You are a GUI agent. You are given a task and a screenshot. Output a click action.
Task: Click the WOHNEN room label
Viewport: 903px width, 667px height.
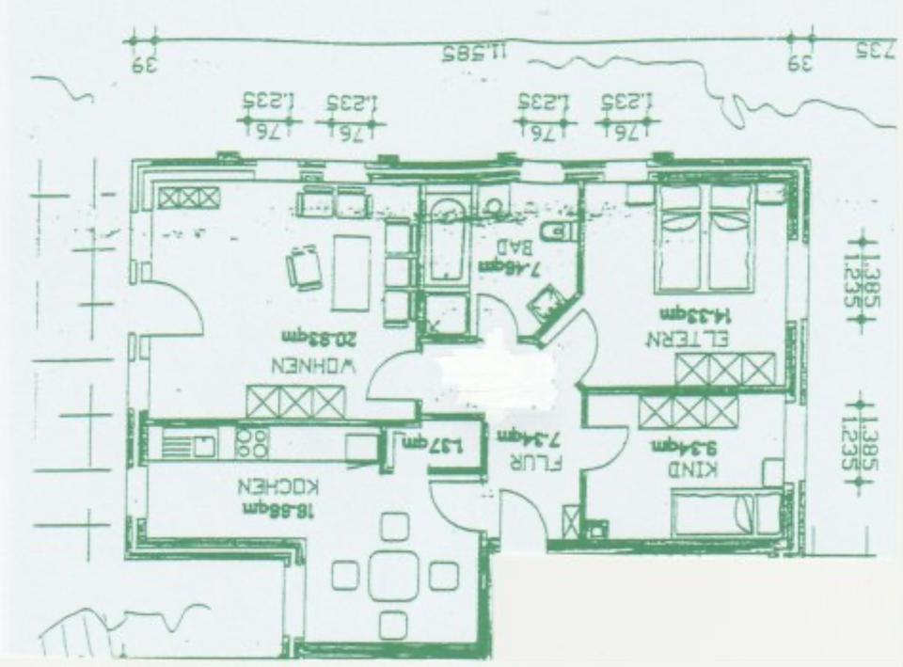(313, 365)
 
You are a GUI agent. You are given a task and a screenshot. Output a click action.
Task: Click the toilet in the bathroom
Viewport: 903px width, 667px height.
(555, 231)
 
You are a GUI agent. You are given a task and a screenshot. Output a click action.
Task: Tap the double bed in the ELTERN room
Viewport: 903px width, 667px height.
(706, 237)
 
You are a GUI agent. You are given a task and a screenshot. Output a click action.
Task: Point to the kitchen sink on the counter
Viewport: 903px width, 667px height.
(198, 444)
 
